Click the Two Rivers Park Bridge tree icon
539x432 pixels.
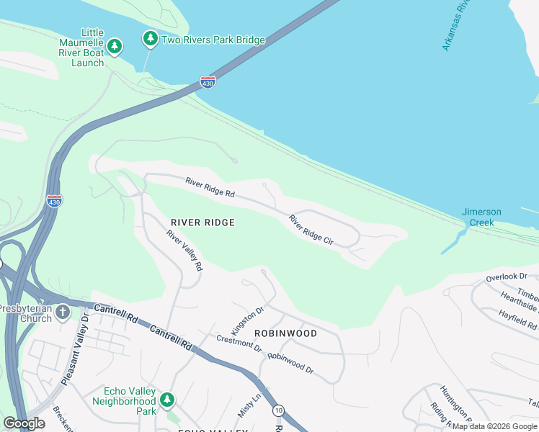pos(150,38)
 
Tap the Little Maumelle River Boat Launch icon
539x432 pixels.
pos(114,47)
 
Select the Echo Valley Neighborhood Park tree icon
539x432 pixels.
pos(167,399)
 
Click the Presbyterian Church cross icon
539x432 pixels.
pos(63,312)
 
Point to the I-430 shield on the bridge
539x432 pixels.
pos(208,82)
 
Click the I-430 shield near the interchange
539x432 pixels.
pos(54,201)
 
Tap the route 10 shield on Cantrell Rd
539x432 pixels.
pos(278,410)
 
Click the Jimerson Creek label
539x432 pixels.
pos(481,217)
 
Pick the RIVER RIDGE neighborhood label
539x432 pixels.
pos(202,222)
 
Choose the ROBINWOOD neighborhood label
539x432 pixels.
pos(285,333)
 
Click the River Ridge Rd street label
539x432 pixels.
pos(210,188)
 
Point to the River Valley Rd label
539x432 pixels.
pos(184,250)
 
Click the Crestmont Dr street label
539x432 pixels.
pos(239,343)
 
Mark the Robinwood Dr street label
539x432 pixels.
pos(290,362)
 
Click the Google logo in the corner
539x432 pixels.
pos(24,423)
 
